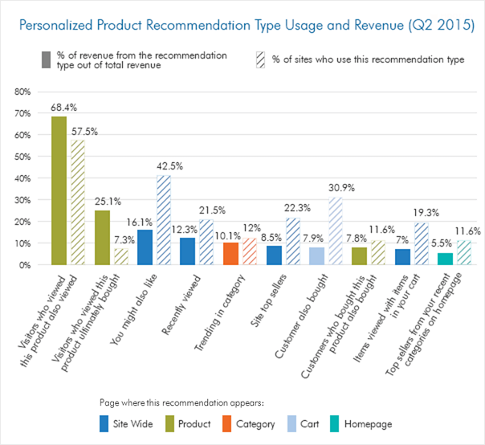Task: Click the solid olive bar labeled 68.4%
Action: pos(59,190)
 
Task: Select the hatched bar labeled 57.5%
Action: pos(77,202)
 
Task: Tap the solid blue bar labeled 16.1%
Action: pos(145,247)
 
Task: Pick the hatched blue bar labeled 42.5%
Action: pos(164,219)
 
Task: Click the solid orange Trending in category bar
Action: pos(230,254)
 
